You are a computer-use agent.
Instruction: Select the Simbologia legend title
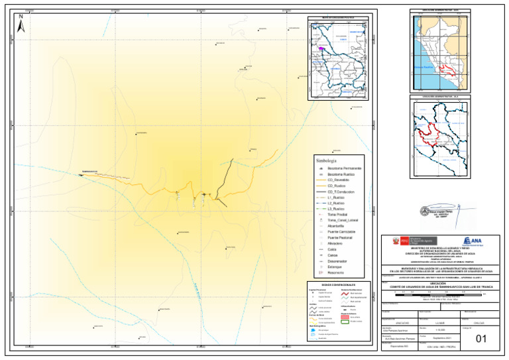[x=327, y=161]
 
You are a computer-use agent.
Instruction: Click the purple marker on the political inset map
[x=321, y=48]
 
